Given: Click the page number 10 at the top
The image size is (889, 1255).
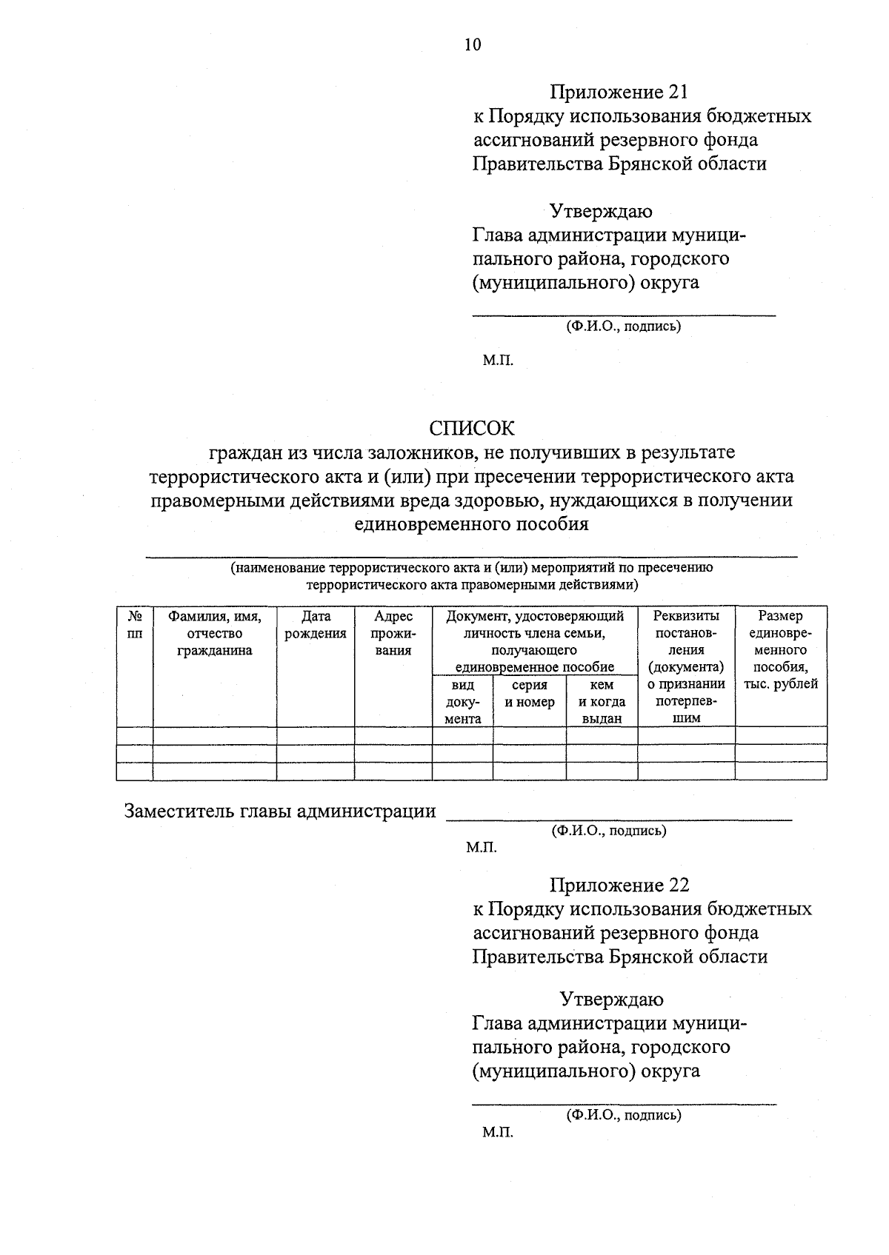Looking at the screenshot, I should pyautogui.click(x=472, y=45).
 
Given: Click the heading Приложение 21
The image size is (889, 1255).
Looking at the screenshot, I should pyautogui.click(x=619, y=92).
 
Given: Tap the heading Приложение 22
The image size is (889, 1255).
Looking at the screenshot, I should pyautogui.click(x=619, y=885).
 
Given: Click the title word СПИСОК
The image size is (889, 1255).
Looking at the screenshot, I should pyautogui.click(x=471, y=428).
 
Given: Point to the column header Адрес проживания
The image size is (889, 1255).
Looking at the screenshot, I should pyautogui.click(x=393, y=633).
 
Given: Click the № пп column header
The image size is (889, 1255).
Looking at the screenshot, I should pyautogui.click(x=135, y=625).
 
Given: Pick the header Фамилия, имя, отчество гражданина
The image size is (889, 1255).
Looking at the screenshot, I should pyautogui.click(x=214, y=633).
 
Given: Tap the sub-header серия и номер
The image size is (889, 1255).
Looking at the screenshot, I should pyautogui.click(x=529, y=694).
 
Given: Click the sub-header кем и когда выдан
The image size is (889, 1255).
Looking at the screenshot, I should pyautogui.click(x=602, y=701).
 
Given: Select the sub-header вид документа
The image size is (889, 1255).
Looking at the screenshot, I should pyautogui.click(x=462, y=701).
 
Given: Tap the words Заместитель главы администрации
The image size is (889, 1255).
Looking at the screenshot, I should pyautogui.click(x=280, y=811).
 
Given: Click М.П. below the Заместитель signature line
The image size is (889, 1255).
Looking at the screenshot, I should pyautogui.click(x=481, y=848).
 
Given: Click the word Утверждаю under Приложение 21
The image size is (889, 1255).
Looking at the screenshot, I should pyautogui.click(x=600, y=211).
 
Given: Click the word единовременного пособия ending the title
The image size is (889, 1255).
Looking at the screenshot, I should pyautogui.click(x=471, y=524).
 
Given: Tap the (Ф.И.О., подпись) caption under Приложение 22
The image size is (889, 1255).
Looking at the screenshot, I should pyautogui.click(x=623, y=1114).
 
